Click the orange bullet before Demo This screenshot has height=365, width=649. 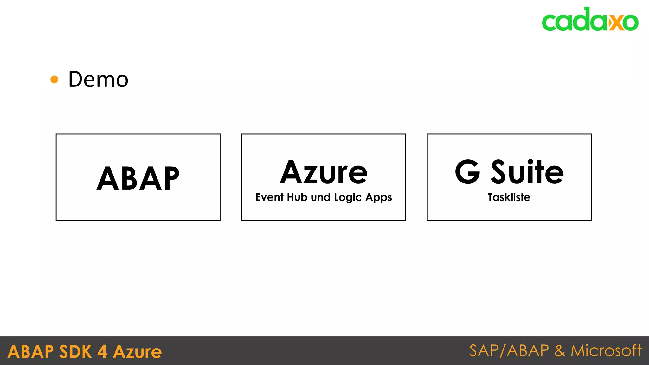(55, 79)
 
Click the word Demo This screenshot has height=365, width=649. (98, 79)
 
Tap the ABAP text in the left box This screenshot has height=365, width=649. (138, 179)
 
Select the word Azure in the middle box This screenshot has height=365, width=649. (324, 173)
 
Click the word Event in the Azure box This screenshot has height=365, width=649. (269, 197)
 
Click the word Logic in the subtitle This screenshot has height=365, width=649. (348, 198)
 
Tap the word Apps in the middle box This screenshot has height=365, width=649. (379, 198)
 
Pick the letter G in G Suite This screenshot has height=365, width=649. (467, 172)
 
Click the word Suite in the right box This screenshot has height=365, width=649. (527, 172)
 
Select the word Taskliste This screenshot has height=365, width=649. (509, 197)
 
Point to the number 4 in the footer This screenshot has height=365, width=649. (102, 352)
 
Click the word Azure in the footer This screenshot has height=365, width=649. (137, 352)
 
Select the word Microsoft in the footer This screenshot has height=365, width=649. (606, 351)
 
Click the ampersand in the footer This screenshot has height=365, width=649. (560, 351)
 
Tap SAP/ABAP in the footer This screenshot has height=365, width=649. (509, 351)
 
